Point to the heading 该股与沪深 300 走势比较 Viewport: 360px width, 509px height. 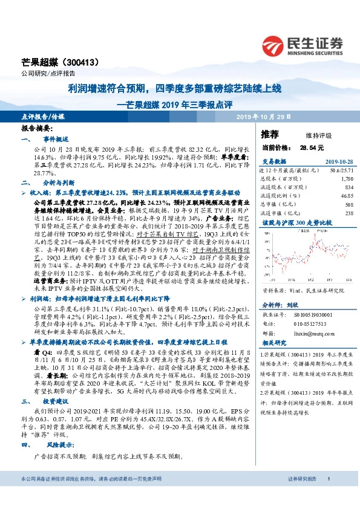click(290, 222)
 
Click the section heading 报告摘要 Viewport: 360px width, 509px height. click(37, 129)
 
